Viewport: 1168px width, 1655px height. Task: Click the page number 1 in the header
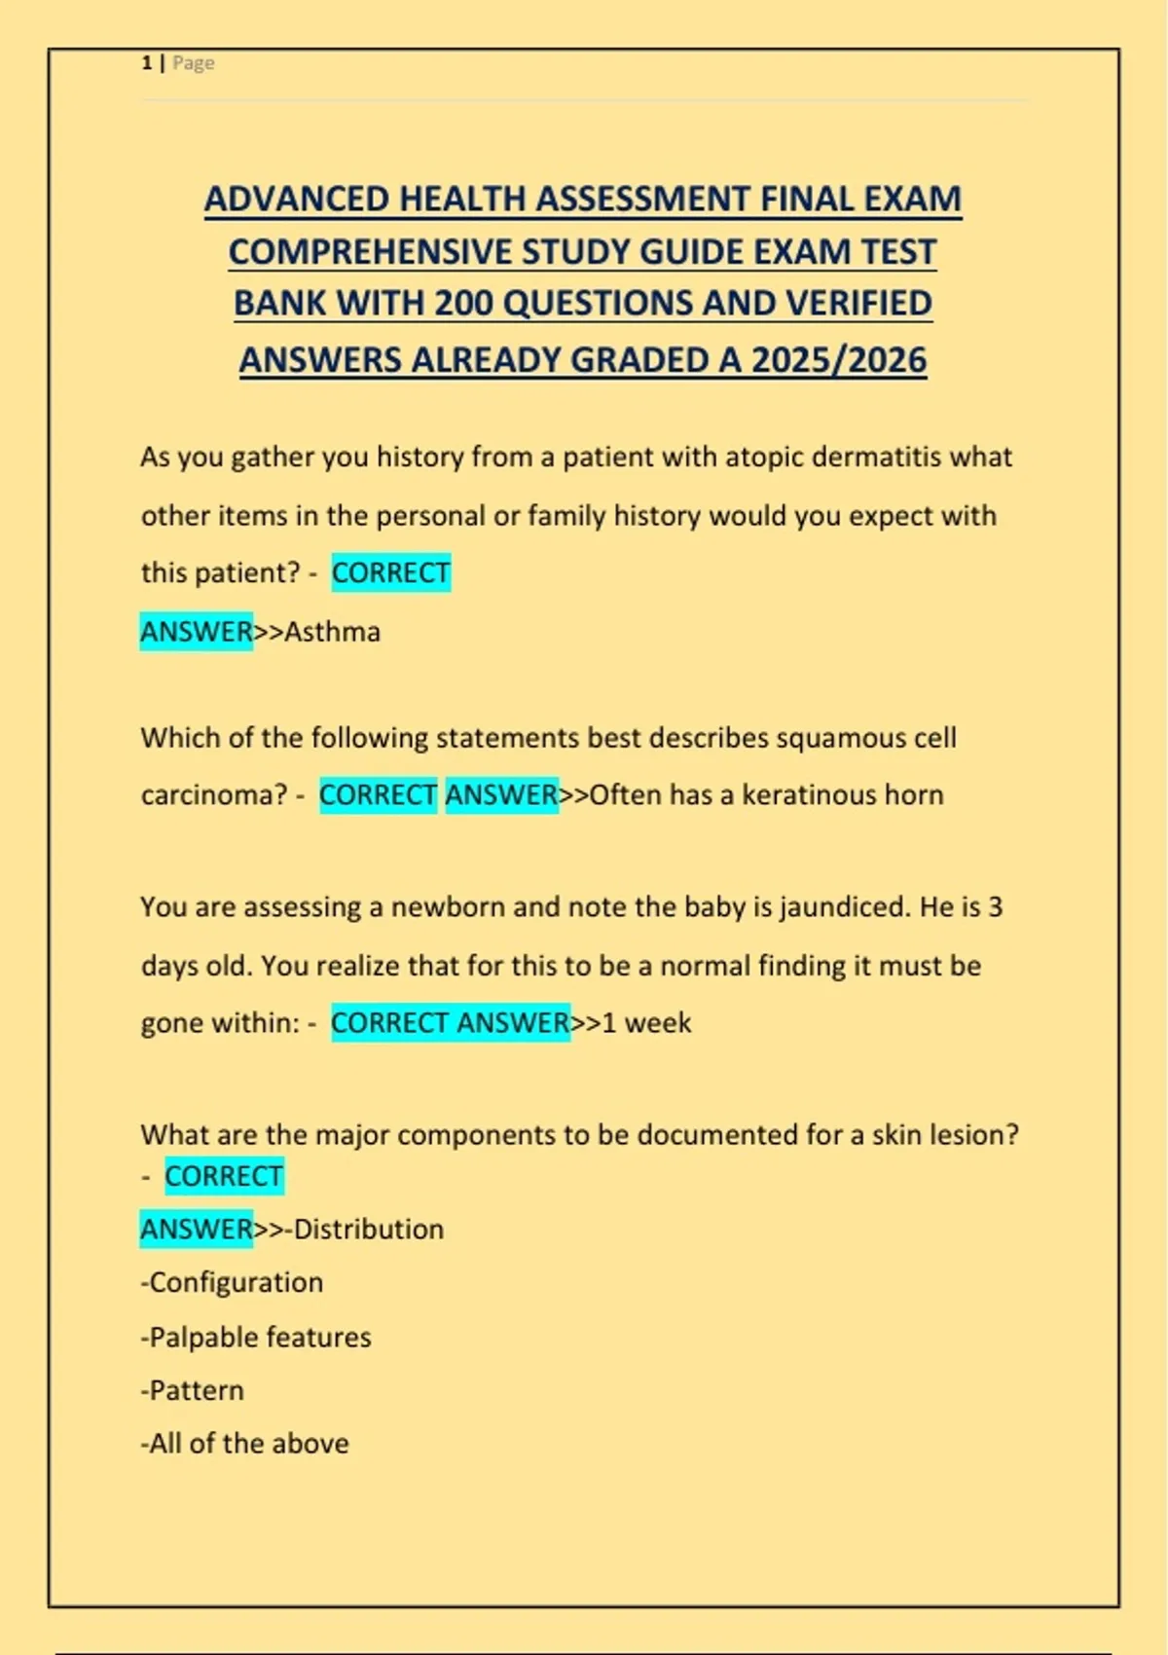tap(146, 63)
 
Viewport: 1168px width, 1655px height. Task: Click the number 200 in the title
tap(464, 304)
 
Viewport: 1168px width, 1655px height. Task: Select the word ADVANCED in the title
tap(297, 199)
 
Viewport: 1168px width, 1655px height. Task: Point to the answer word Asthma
tap(332, 632)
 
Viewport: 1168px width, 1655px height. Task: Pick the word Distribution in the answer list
tap(369, 1230)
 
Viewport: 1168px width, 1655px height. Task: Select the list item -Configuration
tap(232, 1283)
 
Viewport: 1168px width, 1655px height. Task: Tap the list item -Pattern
tap(192, 1390)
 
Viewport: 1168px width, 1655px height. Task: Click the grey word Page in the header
tap(194, 63)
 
